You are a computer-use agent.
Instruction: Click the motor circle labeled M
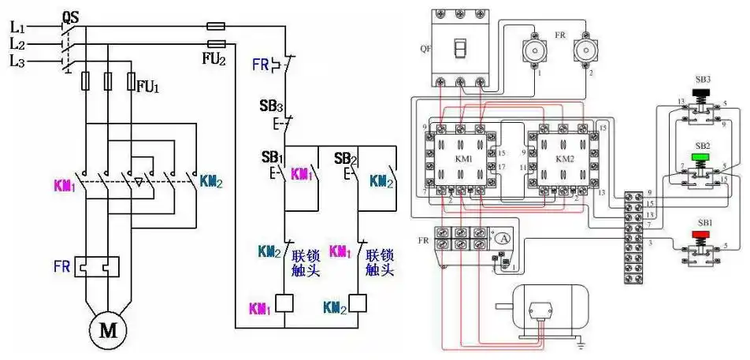[106, 332]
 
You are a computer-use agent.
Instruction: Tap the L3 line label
[17, 60]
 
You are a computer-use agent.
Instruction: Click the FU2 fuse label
[213, 58]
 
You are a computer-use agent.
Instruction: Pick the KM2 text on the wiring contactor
[565, 158]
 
